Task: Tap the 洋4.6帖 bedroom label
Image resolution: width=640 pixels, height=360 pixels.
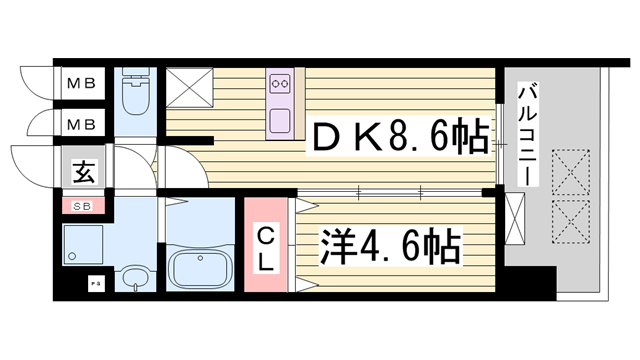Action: click(x=390, y=245)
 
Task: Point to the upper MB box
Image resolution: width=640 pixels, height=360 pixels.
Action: click(x=81, y=85)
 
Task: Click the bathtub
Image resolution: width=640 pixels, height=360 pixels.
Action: click(x=200, y=267)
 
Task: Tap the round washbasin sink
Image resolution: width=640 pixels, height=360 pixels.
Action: click(x=132, y=275)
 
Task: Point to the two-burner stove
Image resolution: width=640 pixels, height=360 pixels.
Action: click(x=280, y=84)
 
